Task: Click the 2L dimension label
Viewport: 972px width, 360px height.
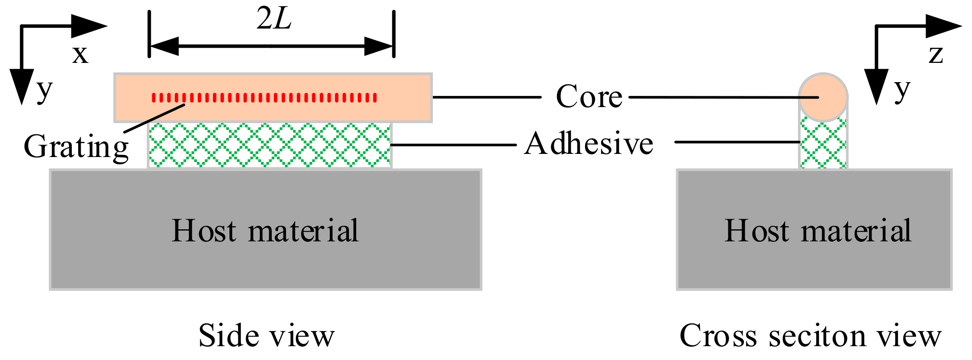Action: point(274,20)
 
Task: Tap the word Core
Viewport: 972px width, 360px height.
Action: point(589,97)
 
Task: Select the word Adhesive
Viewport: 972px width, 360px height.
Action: point(589,144)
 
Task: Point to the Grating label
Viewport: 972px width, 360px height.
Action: point(76,147)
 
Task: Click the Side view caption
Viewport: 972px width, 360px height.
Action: point(266,336)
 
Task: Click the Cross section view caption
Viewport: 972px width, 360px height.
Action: point(810,336)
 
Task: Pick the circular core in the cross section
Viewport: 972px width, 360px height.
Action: point(823,97)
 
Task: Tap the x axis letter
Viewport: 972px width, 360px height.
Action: point(80,54)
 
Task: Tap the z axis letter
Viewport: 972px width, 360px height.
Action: point(936,54)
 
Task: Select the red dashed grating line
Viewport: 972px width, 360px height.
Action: point(264,97)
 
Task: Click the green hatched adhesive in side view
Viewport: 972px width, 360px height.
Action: point(270,145)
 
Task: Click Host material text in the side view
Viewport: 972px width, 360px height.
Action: point(265,231)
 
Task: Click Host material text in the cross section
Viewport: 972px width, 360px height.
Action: point(818,231)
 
